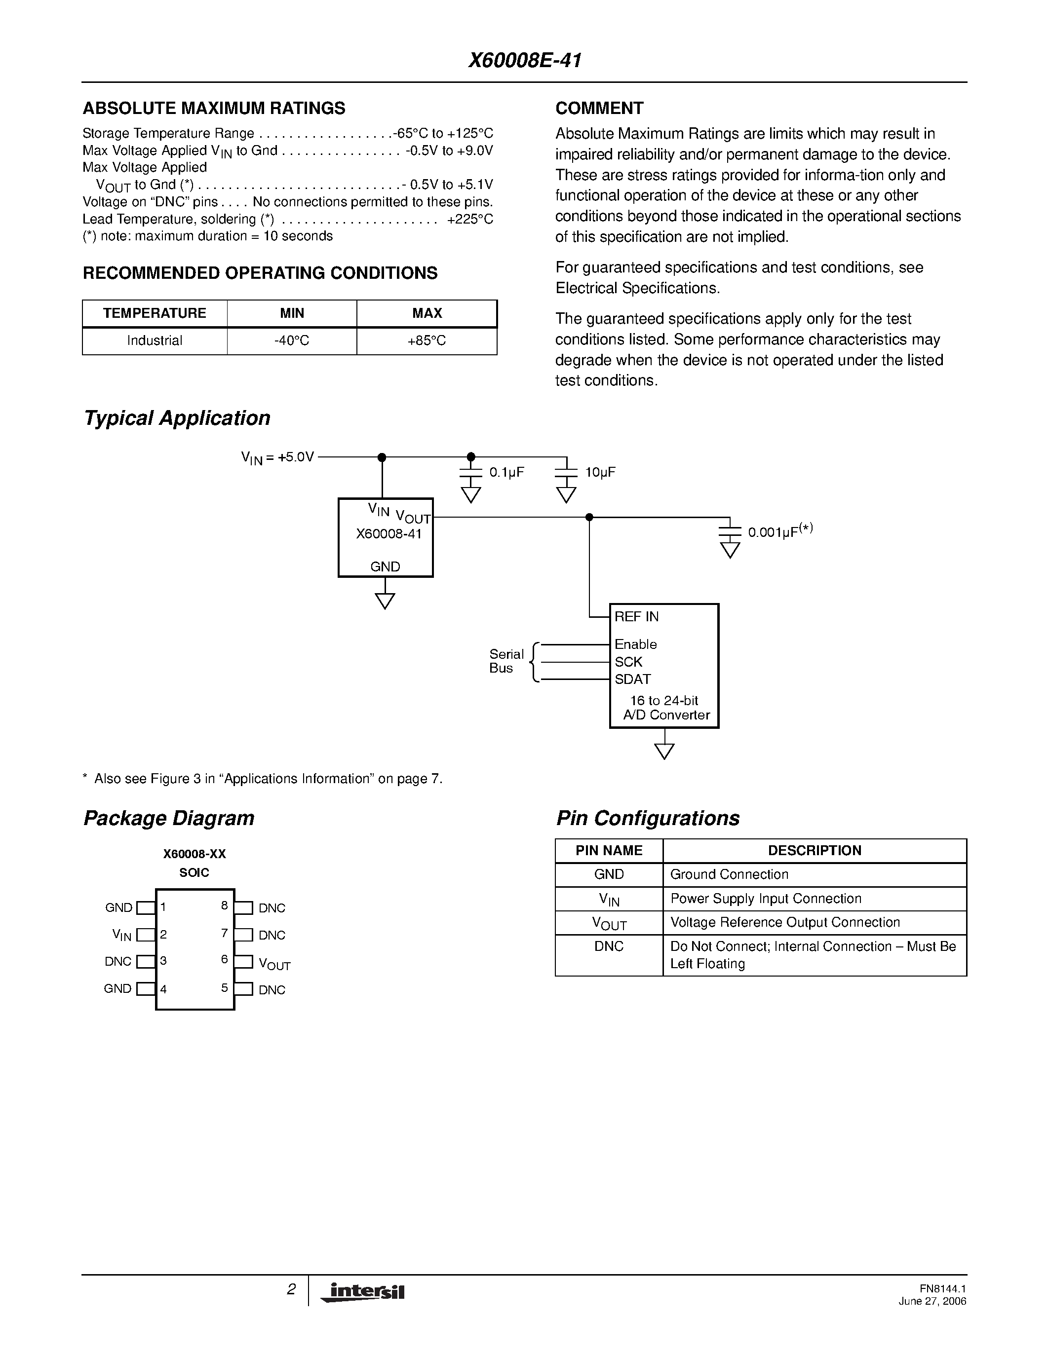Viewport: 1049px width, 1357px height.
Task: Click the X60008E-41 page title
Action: click(x=524, y=60)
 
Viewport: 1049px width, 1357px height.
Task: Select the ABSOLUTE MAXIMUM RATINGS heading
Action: click(x=214, y=108)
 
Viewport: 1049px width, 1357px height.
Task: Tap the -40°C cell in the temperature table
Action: click(x=291, y=340)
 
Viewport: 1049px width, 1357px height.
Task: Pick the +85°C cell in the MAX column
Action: click(x=427, y=340)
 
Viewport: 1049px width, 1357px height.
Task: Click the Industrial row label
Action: click(x=154, y=340)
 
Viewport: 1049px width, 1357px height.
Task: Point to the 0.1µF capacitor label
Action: click(x=506, y=472)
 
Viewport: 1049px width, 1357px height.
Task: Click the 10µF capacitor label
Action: click(x=600, y=472)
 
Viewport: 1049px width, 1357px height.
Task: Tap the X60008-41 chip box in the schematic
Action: click(x=386, y=537)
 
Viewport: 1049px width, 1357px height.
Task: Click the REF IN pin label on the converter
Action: click(x=636, y=616)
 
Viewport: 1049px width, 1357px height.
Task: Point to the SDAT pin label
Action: click(x=633, y=679)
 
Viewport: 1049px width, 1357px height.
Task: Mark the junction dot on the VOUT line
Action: click(x=589, y=517)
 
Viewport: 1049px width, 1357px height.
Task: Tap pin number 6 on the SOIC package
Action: click(x=224, y=959)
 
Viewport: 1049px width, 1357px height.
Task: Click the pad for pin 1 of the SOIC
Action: click(x=146, y=908)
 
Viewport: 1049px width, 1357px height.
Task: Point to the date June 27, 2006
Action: click(x=932, y=1301)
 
